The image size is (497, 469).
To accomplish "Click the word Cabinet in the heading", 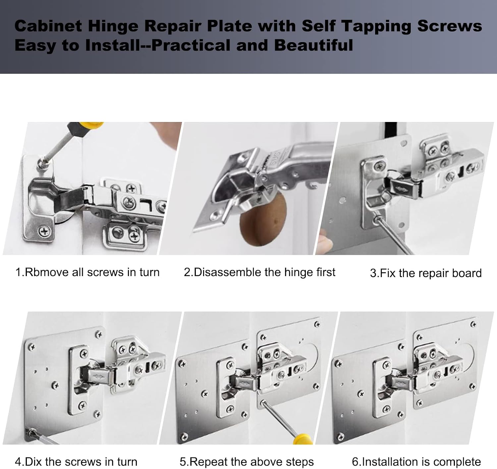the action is click(48, 26).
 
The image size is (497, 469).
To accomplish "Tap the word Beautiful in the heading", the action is click(313, 45).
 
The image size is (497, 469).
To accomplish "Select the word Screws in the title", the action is click(450, 26).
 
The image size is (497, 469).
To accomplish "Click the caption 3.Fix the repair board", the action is click(426, 273).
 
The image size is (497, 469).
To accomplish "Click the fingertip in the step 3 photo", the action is click(325, 242).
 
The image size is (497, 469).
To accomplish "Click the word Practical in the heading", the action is click(191, 45).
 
